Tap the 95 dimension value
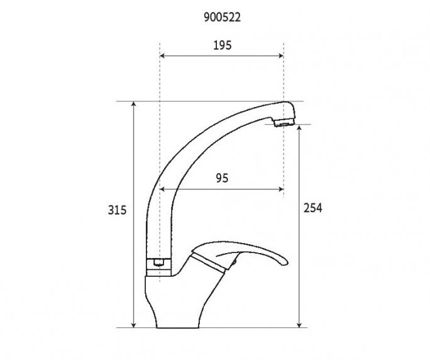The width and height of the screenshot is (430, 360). (x=221, y=178)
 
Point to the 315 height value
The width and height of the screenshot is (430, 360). (x=118, y=210)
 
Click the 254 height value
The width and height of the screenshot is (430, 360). (x=312, y=208)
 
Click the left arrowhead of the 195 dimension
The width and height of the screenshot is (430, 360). (x=163, y=56)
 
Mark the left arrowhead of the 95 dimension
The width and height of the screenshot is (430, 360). (x=163, y=188)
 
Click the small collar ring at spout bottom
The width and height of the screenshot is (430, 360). (x=160, y=264)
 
